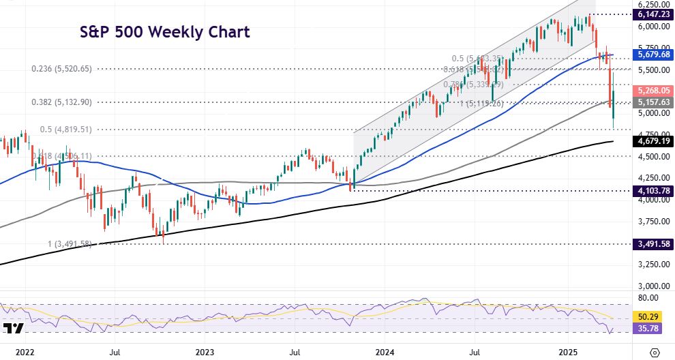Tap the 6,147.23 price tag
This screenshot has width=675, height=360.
pos(653,14)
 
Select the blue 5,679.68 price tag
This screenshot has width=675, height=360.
pos(653,55)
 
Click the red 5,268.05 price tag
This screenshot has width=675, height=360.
pos(653,90)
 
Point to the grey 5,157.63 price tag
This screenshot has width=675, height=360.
pos(653,102)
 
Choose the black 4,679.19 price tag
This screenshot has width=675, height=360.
pos(653,142)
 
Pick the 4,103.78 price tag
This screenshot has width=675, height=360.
pos(653,191)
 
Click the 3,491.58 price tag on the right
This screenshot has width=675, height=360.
pos(653,243)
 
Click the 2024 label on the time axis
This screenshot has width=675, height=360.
pos(385,352)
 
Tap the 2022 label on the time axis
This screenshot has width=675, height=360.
pos(25,352)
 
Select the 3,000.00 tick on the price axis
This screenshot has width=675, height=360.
pos(653,286)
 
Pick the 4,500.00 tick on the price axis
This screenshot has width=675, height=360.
pos(653,157)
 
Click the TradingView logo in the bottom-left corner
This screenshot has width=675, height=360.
pos(13,329)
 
